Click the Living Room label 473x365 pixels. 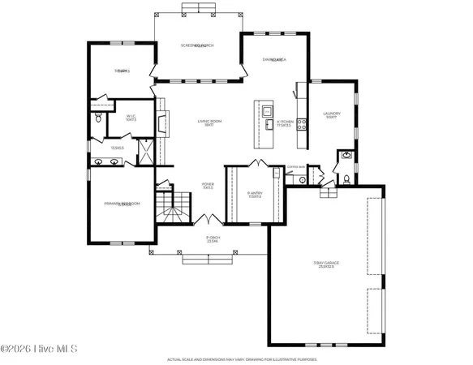(x=210, y=123)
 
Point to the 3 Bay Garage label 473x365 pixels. (x=327, y=264)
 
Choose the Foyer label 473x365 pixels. (x=208, y=186)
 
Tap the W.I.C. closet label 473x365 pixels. (x=130, y=118)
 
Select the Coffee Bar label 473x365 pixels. (x=296, y=167)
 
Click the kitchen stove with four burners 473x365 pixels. (x=302, y=124)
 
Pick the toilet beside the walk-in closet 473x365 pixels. (x=98, y=118)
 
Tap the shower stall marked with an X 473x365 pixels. (x=145, y=152)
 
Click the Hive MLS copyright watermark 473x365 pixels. (x=38, y=350)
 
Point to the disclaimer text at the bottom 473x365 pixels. (x=236, y=359)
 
